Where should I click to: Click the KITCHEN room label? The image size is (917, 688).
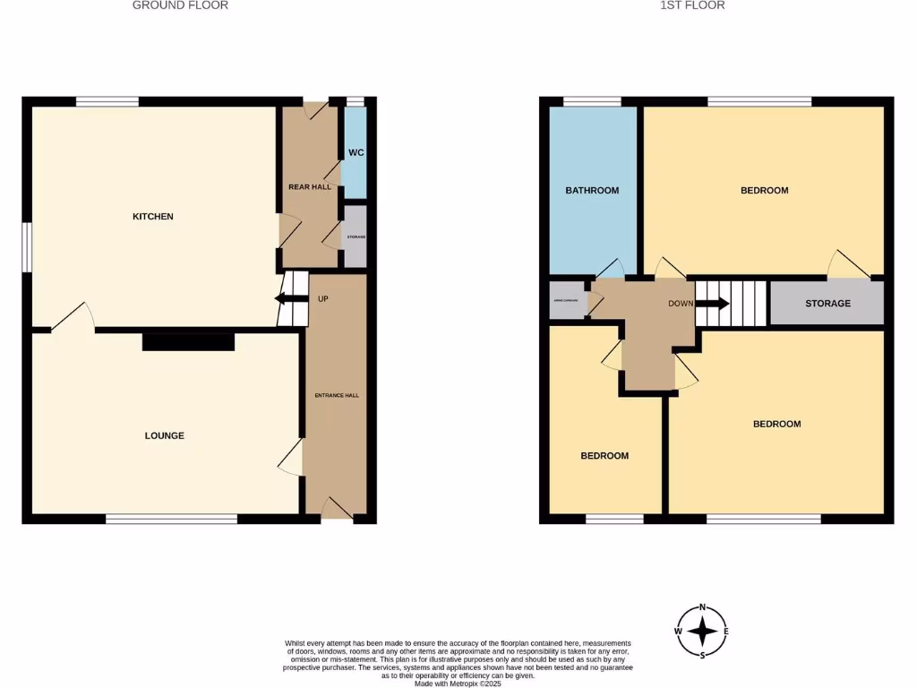153,217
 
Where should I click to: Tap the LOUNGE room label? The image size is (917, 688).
165,436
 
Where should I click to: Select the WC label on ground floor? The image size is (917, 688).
356,153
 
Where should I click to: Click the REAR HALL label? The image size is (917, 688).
310,187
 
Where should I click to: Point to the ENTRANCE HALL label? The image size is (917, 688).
337,395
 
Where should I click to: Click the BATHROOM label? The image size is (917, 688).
592,190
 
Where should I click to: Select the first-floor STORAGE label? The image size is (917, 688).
827,304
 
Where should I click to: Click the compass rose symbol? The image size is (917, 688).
703,632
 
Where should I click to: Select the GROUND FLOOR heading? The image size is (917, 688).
180,5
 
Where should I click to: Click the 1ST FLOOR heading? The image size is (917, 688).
692,5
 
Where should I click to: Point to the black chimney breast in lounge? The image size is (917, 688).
188,341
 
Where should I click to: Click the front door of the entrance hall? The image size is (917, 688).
337,511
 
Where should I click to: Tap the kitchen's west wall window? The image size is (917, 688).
27,245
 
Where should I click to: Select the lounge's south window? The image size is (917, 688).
171,519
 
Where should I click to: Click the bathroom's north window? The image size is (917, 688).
592,101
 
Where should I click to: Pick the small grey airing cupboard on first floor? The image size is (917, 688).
567,302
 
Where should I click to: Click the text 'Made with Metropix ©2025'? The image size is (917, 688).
458,684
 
